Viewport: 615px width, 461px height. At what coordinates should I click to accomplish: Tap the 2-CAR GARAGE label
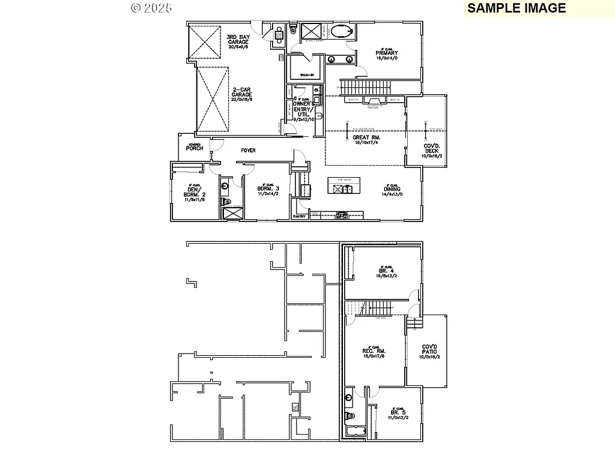tap(243, 93)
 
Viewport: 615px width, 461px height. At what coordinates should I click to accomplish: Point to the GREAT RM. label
tap(367, 137)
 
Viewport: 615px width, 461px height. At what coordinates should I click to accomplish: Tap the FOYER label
tap(248, 151)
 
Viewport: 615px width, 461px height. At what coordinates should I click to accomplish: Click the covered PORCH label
tap(194, 148)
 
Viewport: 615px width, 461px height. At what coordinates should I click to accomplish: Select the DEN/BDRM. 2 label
tap(195, 192)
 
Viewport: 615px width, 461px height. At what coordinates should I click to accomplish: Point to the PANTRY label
tap(299, 216)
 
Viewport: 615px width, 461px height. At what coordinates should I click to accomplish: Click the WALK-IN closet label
tap(307, 74)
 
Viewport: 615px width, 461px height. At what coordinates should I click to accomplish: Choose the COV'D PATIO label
tap(429, 352)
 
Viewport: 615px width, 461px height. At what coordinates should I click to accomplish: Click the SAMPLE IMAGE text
tap(517, 8)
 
